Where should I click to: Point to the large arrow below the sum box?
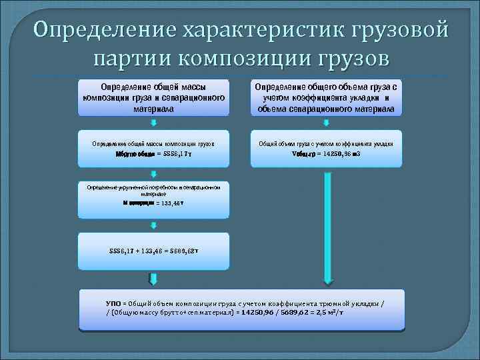[154, 279]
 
